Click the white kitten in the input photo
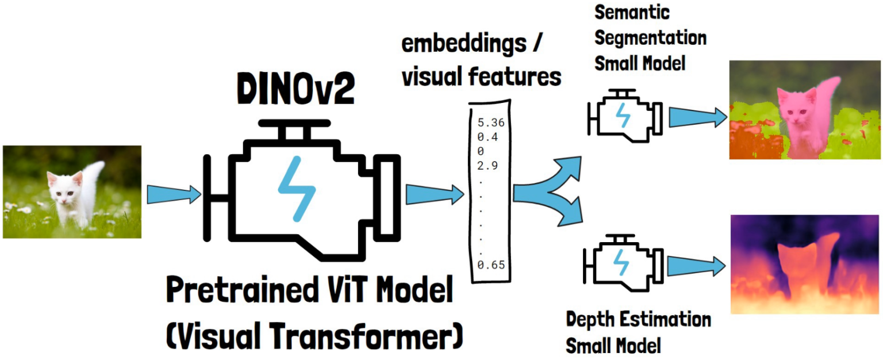[72, 196]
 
